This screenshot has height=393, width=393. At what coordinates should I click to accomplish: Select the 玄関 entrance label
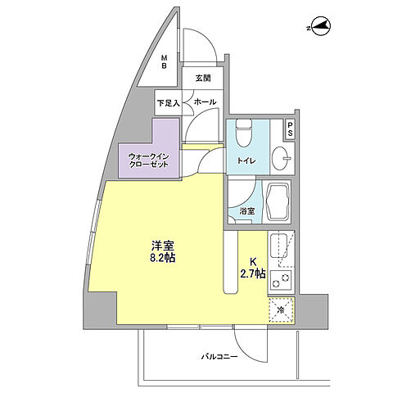point(204,79)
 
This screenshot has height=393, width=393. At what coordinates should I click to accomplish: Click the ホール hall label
point(205,102)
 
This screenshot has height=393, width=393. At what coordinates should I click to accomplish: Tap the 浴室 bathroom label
point(246,212)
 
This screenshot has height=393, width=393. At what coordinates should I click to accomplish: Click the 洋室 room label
point(161,245)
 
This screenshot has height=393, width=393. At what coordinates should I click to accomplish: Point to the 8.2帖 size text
point(161,258)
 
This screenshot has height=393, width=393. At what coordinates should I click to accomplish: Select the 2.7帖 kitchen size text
point(253,274)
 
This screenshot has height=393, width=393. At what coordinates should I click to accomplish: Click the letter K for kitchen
point(253,262)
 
